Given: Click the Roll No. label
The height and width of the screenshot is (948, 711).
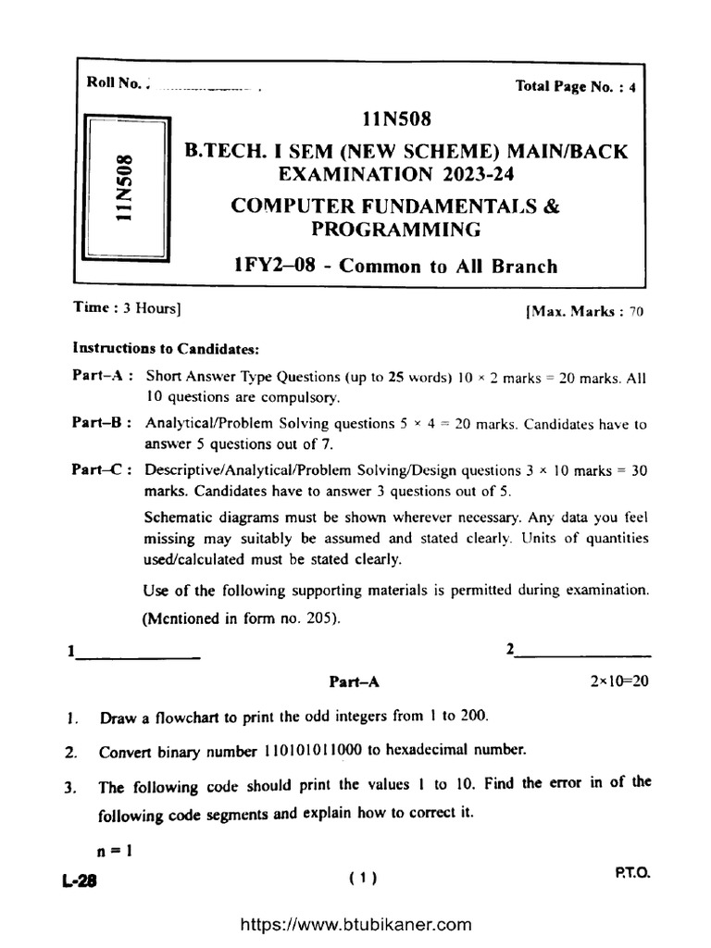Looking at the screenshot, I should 113,83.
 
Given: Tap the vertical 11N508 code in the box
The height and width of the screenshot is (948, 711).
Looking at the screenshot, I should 123,187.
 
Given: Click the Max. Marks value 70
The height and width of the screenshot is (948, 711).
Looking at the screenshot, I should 635,312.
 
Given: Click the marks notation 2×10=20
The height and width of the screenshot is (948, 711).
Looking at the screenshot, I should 619,680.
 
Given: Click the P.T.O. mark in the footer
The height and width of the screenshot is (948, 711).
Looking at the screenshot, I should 631,873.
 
